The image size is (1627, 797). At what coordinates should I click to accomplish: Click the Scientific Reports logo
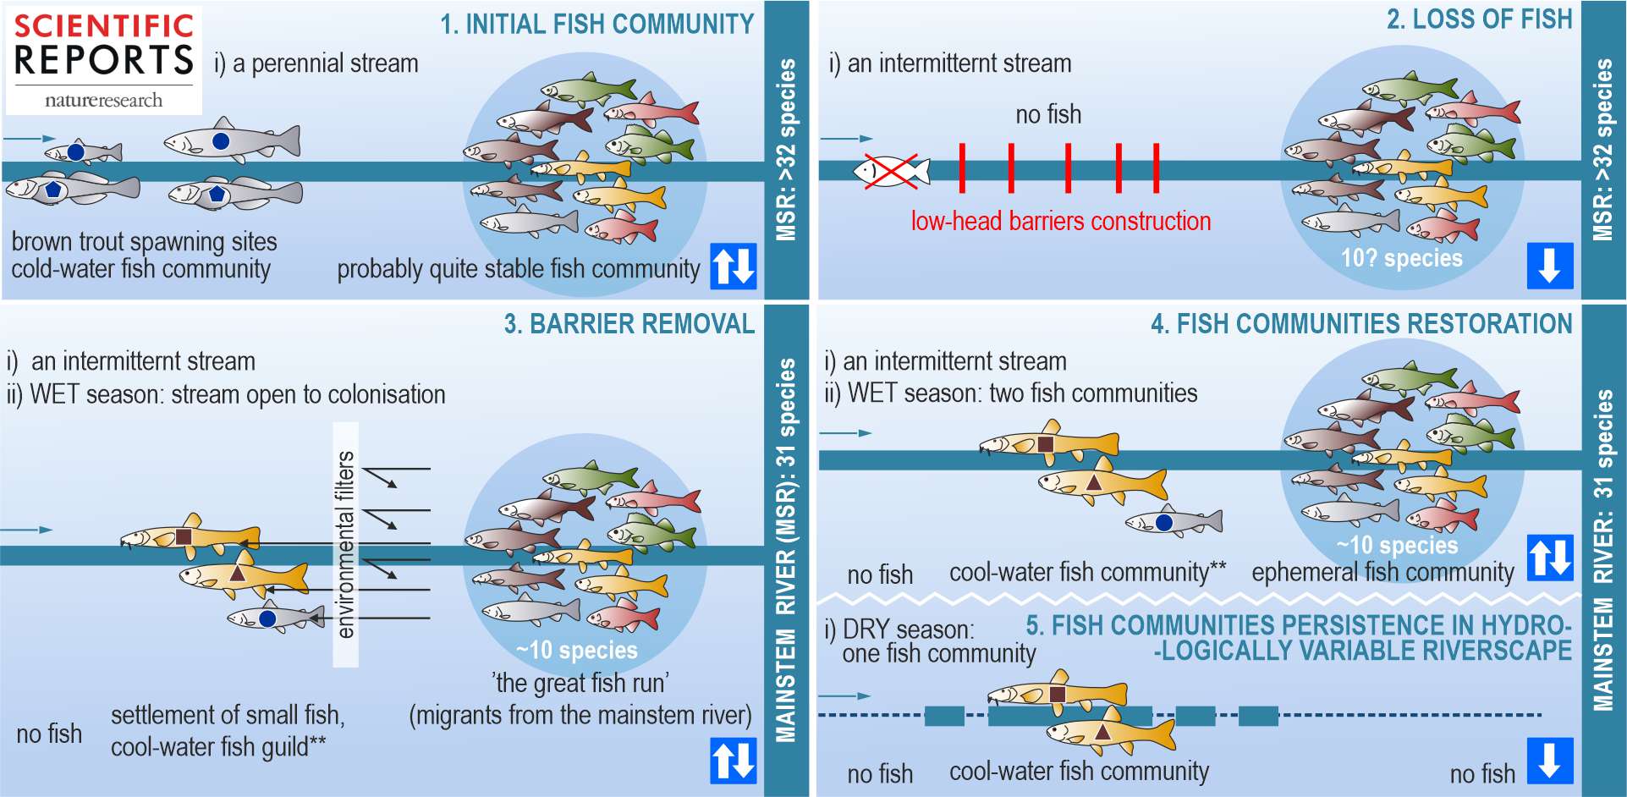[x=103, y=60]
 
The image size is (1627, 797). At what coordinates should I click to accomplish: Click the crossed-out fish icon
[x=891, y=171]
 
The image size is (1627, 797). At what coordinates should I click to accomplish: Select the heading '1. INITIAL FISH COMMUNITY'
[x=596, y=24]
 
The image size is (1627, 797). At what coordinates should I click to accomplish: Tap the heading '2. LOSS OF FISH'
[x=1479, y=19]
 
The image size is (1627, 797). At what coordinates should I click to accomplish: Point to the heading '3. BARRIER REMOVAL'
[x=629, y=324]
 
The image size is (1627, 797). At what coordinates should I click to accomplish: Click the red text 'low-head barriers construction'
[x=1060, y=222]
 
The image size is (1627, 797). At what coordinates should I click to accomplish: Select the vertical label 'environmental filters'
[x=345, y=544]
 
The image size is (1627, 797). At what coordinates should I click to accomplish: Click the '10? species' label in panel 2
[x=1401, y=258]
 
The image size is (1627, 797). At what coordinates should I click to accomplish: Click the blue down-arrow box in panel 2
[x=1549, y=266]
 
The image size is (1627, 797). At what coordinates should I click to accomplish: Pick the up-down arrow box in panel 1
[x=733, y=266]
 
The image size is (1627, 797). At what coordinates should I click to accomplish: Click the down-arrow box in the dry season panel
[x=1549, y=760]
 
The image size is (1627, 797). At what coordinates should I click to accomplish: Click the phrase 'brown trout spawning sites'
[x=144, y=242]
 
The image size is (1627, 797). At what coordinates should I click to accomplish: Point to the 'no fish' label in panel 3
[x=49, y=734]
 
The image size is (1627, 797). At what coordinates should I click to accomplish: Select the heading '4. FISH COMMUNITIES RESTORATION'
[x=1361, y=324]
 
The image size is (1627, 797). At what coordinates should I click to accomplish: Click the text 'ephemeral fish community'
[x=1382, y=573]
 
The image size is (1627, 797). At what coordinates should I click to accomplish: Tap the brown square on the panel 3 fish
[x=184, y=536]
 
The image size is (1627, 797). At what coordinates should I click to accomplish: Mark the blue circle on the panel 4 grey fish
[x=1164, y=522]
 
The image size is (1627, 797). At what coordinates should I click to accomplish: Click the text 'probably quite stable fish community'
[x=518, y=269]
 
